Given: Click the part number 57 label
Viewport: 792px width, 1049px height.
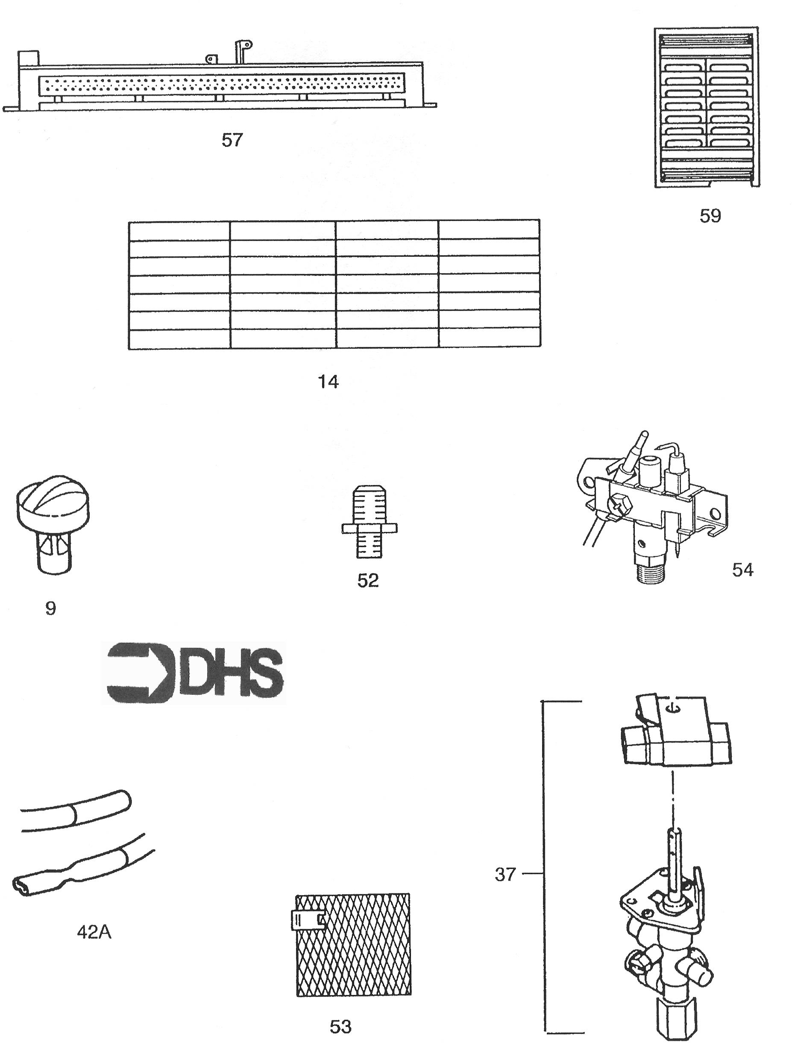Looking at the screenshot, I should tap(232, 140).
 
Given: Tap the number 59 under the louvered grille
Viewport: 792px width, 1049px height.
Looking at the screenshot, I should tap(710, 216).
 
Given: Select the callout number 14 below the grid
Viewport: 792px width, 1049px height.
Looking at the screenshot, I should tap(328, 381).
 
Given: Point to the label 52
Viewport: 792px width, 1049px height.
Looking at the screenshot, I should tap(368, 580).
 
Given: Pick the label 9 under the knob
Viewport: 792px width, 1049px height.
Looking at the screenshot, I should tap(51, 608).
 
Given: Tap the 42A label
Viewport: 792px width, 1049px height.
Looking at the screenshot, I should tap(94, 932).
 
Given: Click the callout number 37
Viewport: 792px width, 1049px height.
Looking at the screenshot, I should tap(505, 875).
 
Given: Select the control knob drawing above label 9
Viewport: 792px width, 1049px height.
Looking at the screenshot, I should tap(53, 522).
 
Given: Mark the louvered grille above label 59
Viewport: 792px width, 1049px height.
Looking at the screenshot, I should tap(707, 107).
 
